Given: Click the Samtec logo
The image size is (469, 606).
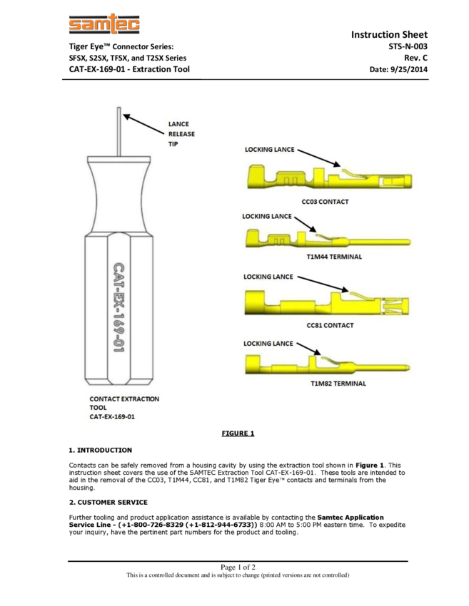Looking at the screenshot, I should point(104,26).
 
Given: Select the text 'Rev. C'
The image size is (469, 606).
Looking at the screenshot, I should point(415,58).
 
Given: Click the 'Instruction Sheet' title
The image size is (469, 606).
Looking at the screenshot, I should point(389,34).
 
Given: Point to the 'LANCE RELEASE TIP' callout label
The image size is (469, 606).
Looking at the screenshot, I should point(181,134).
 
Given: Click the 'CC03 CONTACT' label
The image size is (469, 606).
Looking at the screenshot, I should point(325,202).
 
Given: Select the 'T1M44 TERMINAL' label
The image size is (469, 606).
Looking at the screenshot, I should point(334,257).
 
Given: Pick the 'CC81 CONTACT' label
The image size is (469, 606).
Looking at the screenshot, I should point(330,325).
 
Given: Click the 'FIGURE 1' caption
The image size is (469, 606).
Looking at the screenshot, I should point(238,433).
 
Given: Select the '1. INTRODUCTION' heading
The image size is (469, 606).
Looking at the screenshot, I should point(100,450).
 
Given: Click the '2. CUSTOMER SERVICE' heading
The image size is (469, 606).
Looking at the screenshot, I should point(108,502).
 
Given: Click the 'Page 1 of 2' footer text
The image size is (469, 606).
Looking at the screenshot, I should point(238,568).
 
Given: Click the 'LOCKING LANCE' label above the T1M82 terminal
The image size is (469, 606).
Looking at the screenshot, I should point(268,344).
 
